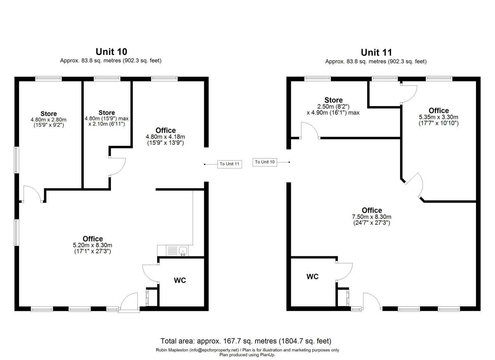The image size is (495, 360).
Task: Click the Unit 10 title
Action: [x=111, y=52]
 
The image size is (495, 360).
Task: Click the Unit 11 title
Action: [x=376, y=52]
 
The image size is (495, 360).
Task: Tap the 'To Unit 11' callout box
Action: [x=230, y=164]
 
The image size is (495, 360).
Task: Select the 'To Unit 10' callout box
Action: [x=265, y=162]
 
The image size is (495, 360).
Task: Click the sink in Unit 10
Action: [x=183, y=251]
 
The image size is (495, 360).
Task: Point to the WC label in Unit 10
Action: [x=180, y=280]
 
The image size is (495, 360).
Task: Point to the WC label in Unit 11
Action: [x=313, y=277]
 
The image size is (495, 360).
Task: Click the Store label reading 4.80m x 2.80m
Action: [x=49, y=114]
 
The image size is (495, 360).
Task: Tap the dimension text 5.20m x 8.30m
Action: [x=92, y=245]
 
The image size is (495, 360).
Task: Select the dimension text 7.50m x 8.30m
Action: [x=372, y=217]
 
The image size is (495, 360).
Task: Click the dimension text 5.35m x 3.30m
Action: [x=438, y=117]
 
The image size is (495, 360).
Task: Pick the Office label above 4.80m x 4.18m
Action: [x=165, y=130]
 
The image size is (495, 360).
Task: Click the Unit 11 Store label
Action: [x=333, y=100]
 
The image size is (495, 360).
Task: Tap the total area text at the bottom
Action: [x=246, y=341]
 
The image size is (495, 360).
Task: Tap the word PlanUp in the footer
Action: [x=267, y=355]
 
